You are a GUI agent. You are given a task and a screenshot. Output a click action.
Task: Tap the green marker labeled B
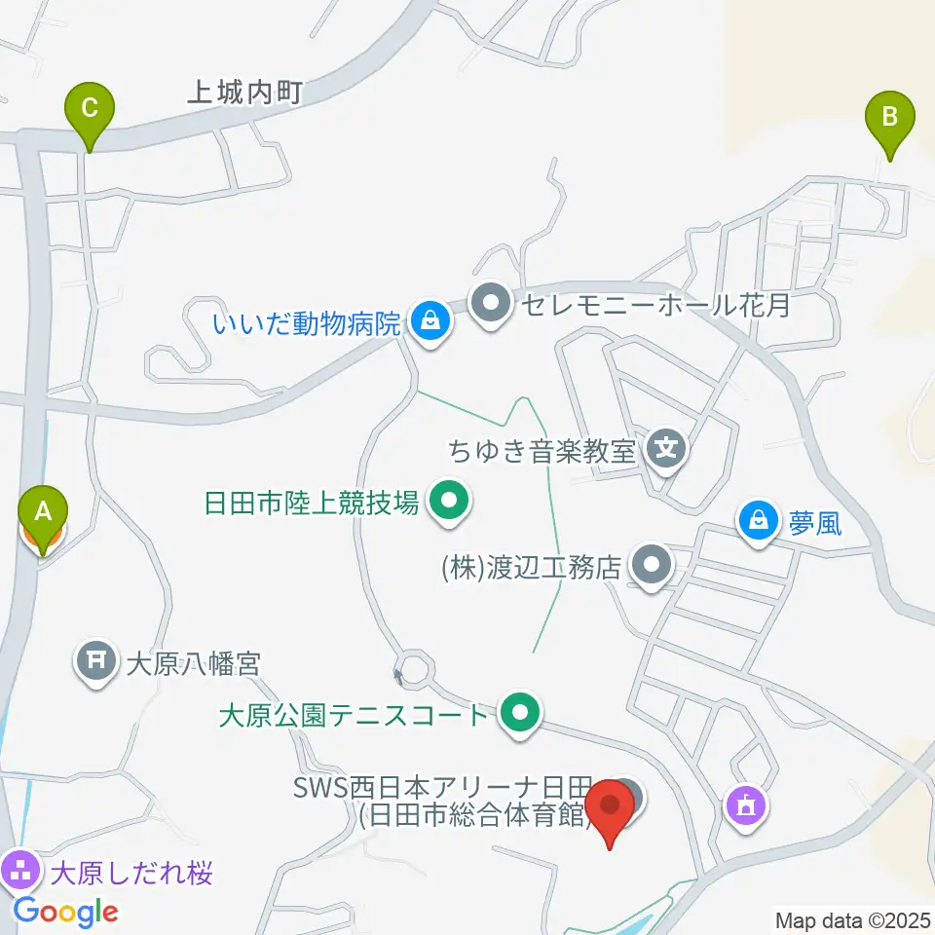[x=890, y=115]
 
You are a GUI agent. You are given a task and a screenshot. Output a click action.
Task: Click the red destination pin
[x=612, y=806]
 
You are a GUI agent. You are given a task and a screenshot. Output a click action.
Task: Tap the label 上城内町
[x=246, y=93]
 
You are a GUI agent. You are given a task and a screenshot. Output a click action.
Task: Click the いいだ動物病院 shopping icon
[x=430, y=319]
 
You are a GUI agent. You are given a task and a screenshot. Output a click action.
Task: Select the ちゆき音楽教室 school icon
[x=667, y=449]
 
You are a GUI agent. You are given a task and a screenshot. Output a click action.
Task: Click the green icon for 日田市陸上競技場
[x=449, y=503]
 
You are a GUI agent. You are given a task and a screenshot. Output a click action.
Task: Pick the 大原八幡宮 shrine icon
[x=96, y=664]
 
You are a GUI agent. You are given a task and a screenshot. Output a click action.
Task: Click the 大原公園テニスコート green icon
[x=520, y=715]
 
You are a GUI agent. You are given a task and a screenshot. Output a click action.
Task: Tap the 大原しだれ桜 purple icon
[x=20, y=867]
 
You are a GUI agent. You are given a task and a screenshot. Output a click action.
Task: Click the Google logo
[x=66, y=912]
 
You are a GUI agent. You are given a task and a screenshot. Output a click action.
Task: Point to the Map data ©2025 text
[x=851, y=919]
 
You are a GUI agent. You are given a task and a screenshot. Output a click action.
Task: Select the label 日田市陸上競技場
[x=312, y=504]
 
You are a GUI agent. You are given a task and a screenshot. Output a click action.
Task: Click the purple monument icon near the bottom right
[x=746, y=805]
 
